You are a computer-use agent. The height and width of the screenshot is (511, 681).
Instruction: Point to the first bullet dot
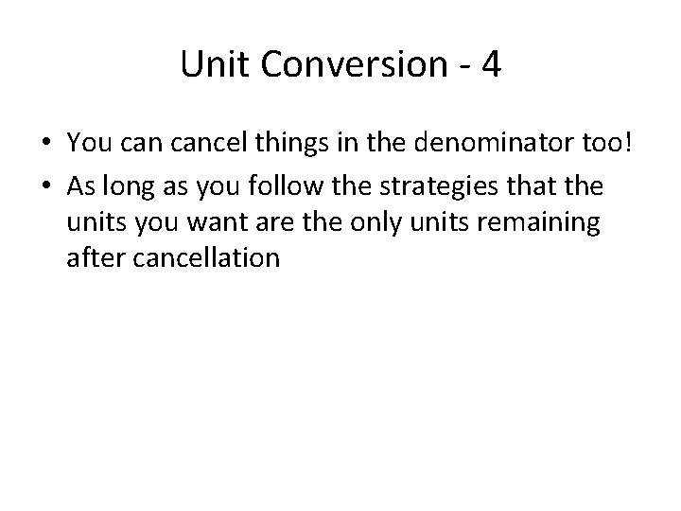click(45, 144)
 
